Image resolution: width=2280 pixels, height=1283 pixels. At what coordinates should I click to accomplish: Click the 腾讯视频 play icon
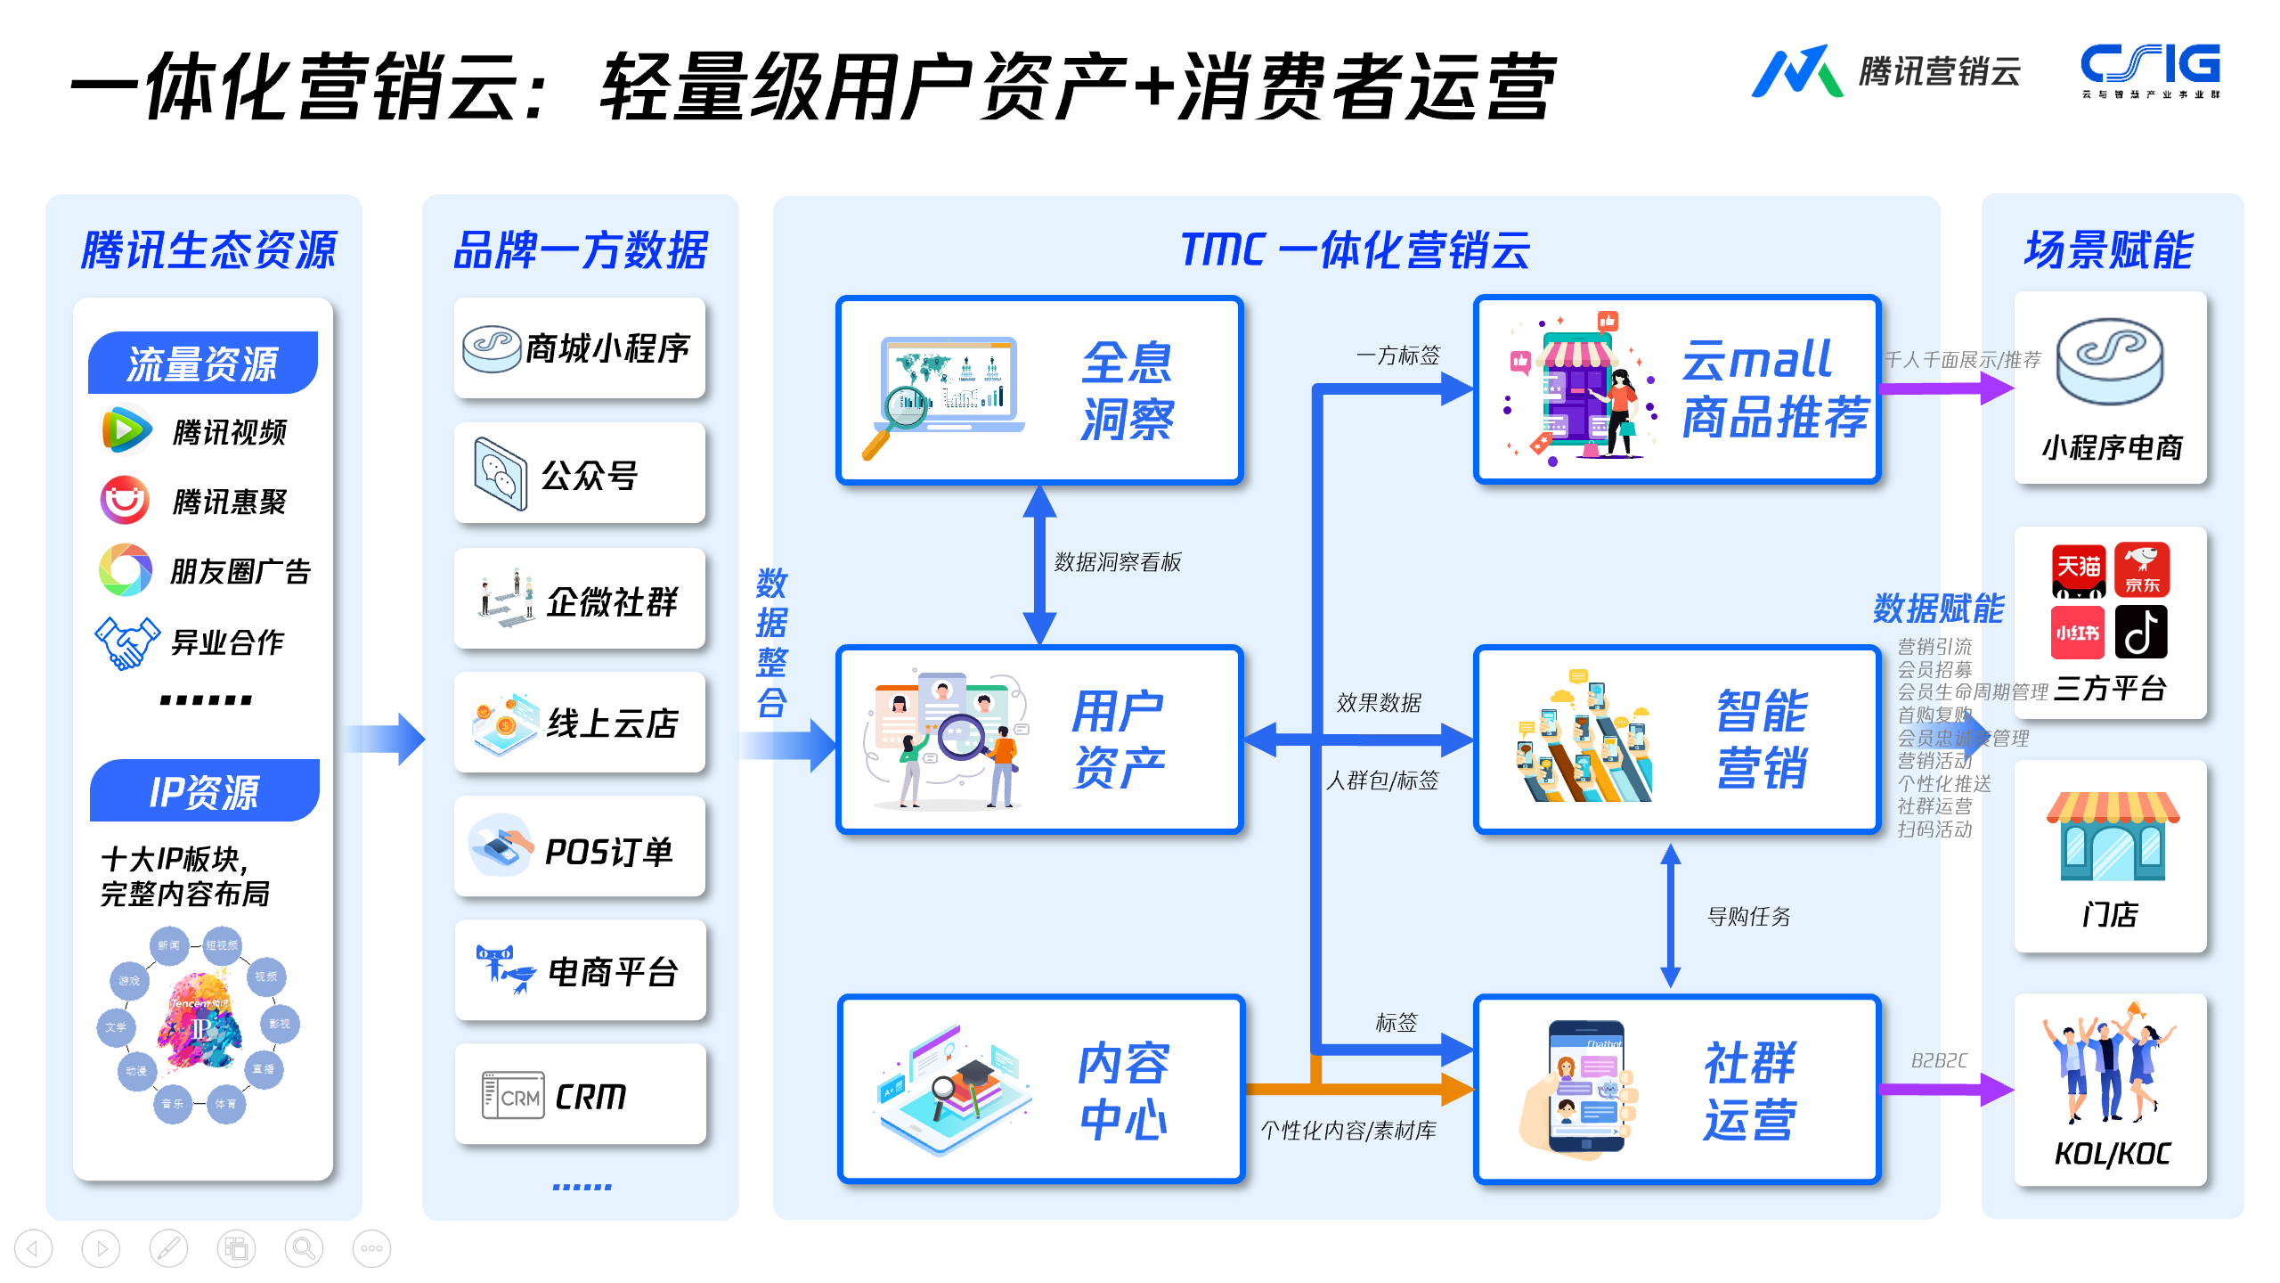pyautogui.click(x=126, y=430)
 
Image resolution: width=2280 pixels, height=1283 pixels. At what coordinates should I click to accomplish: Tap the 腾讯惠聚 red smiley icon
pyautogui.click(x=125, y=500)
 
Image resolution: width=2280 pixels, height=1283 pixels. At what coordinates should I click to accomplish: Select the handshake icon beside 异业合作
pyautogui.click(x=126, y=641)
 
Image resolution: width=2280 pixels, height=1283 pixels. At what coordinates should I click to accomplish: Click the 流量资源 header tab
pyautogui.click(x=203, y=363)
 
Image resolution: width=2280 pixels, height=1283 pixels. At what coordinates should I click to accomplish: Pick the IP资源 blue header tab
pyautogui.click(x=205, y=791)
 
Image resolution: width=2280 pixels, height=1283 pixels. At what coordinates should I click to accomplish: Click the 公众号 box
pyautogui.click(x=580, y=473)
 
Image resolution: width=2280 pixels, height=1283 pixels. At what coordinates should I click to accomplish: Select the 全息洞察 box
pyautogui.click(x=1039, y=390)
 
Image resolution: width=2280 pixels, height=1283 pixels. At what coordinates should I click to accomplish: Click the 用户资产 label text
pyautogui.click(x=1119, y=739)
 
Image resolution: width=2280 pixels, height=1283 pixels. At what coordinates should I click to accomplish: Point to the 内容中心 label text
pyautogui.click(x=1123, y=1091)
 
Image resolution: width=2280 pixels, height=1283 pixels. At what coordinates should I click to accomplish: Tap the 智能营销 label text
pyautogui.click(x=1763, y=739)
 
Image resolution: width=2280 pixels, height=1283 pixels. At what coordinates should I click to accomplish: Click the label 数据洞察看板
pyautogui.click(x=1118, y=562)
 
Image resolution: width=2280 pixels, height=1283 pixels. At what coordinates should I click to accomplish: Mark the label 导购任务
pyautogui.click(x=1748, y=916)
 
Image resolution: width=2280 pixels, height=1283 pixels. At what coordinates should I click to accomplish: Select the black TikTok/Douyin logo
pyautogui.click(x=2141, y=632)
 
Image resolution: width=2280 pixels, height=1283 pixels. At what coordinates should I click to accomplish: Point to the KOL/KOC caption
pyautogui.click(x=2112, y=1154)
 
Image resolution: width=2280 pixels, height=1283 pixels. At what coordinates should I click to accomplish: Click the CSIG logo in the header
pyautogui.click(x=2150, y=69)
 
